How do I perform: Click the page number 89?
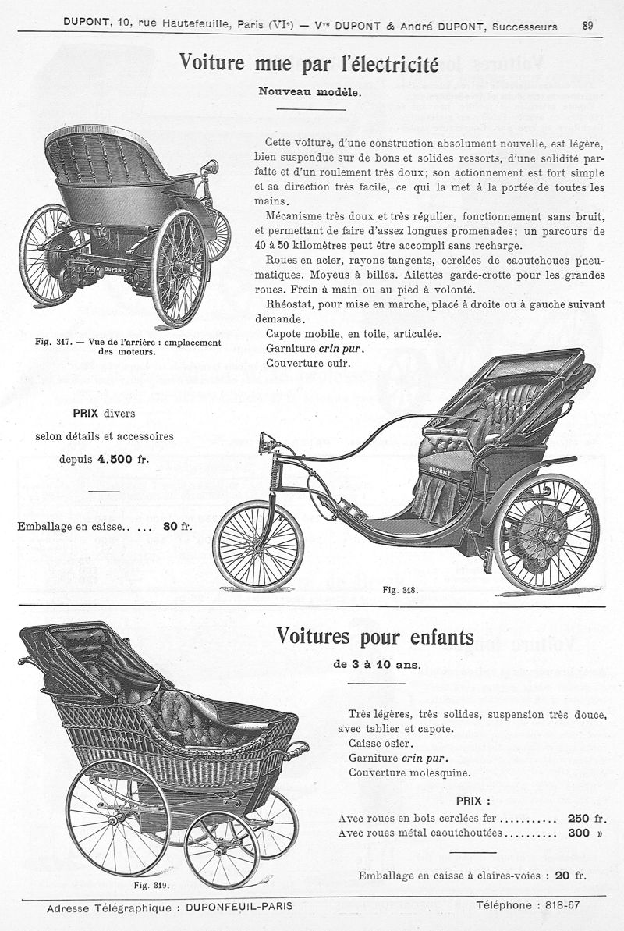click(590, 25)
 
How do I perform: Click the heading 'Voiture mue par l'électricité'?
click(310, 62)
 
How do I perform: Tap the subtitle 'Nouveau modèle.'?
click(310, 91)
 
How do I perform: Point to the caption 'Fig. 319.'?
click(152, 885)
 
